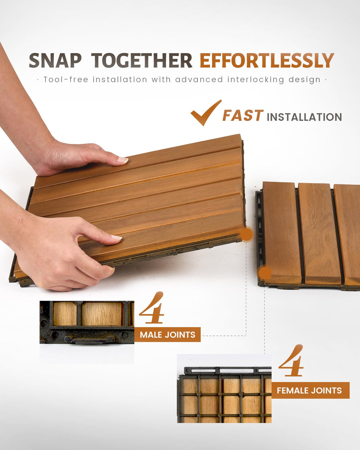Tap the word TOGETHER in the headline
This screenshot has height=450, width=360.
coord(142,61)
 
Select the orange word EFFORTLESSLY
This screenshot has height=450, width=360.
coord(267,61)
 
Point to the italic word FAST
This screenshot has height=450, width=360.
coord(243,116)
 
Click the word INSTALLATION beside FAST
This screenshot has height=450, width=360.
coord(304,117)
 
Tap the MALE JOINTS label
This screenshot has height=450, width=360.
coord(168,335)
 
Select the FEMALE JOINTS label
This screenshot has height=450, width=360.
coord(309,390)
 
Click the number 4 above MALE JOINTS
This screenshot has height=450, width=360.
coord(152,308)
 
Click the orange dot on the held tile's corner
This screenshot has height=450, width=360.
coord(246,234)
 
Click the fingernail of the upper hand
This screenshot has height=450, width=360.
coord(123,160)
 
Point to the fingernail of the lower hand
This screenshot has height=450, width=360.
coord(116,237)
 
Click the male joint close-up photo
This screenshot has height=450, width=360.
coord(87,323)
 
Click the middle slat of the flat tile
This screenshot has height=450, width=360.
coord(319,234)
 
